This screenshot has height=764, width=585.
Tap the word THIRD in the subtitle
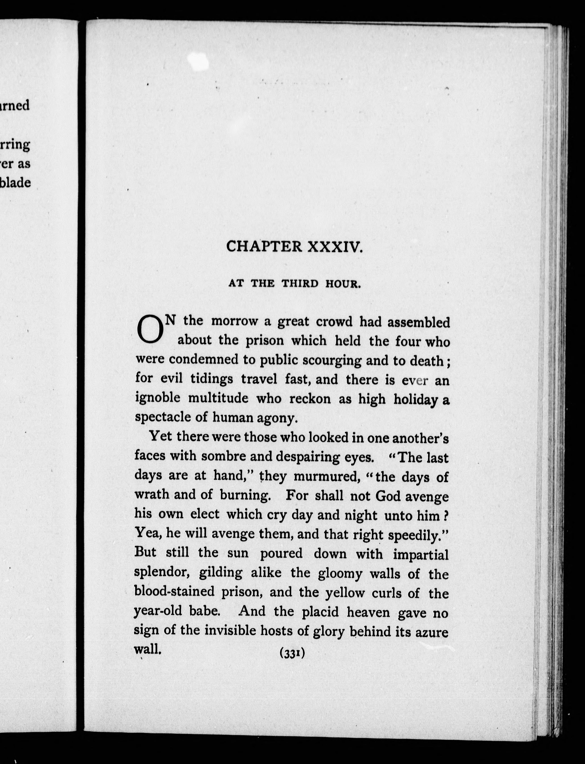point(300,284)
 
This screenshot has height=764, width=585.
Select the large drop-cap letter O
point(150,329)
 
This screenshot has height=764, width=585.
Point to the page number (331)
point(292,654)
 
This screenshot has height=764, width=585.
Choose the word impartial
point(421,554)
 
